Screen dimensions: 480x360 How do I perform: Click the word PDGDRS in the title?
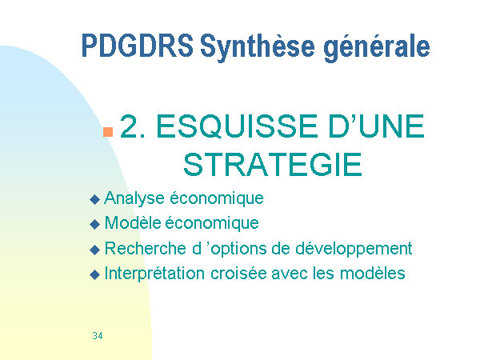pos(138,46)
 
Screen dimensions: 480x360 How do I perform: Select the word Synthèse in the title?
pos(258,48)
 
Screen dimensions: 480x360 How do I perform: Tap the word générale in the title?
pos(377,48)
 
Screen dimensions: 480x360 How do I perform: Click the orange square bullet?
pos(108,132)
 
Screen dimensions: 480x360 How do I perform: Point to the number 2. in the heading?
pos(133,126)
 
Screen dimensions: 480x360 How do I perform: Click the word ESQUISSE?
pos(238,127)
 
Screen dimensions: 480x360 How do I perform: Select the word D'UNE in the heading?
pos(376,126)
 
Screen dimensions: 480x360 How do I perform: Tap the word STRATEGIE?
pos(273,165)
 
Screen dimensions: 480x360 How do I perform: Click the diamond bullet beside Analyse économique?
pos(95,199)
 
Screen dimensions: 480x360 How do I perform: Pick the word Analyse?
pos(134,198)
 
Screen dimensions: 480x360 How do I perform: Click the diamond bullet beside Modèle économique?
pos(95,224)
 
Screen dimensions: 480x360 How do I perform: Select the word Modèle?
pos(133,222)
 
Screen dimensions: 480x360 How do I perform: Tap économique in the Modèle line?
pos(212,223)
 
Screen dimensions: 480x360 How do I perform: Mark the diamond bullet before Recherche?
pos(95,250)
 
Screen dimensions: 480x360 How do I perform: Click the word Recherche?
pos(146,248)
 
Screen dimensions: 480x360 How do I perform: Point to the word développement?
pos(354,249)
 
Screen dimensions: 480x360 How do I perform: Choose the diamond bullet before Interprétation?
pos(95,274)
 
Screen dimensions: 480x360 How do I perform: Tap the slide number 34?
pos(98,336)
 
